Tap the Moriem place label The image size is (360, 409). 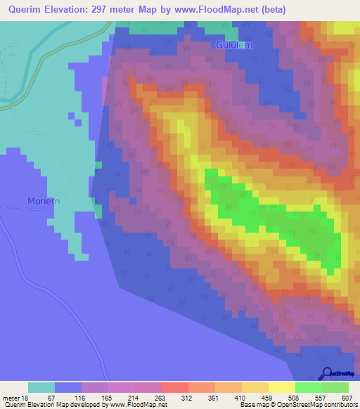pos(44,201)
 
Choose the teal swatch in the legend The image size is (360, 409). pos(41,387)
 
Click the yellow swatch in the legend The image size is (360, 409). pos(281,387)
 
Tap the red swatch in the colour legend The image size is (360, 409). pos(174,387)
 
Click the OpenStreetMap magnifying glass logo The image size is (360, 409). pos(327,374)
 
